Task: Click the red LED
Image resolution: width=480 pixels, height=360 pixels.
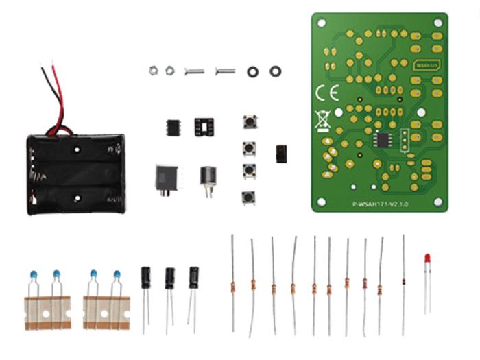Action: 427,259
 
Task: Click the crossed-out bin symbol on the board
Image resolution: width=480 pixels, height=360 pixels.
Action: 322,120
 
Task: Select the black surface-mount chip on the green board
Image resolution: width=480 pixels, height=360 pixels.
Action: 382,139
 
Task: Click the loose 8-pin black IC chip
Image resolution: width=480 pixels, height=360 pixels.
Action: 173,127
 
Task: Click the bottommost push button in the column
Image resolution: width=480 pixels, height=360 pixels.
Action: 248,197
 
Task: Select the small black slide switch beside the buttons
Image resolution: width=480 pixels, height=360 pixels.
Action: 280,154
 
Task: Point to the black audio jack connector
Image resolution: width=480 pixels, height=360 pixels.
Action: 167,179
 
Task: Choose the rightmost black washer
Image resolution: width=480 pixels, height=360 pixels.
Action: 276,71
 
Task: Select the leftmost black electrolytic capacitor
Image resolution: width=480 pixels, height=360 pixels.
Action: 146,278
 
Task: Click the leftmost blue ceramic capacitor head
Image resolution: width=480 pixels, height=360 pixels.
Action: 33,275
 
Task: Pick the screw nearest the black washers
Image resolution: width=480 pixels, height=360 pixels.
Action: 225,71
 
